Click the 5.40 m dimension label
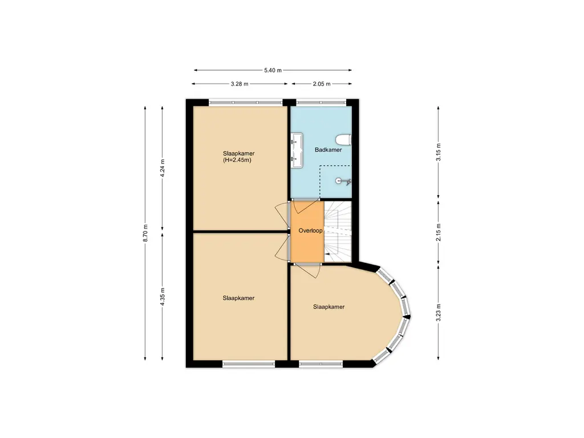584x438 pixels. [273, 70]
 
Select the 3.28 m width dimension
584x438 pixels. [240, 84]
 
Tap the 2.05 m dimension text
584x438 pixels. [322, 84]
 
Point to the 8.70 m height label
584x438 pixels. [145, 233]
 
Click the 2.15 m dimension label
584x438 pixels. [438, 233]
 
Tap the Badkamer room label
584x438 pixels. [328, 150]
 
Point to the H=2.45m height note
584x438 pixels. [237, 161]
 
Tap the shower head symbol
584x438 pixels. [344, 181]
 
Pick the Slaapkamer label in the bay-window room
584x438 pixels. [328, 307]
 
